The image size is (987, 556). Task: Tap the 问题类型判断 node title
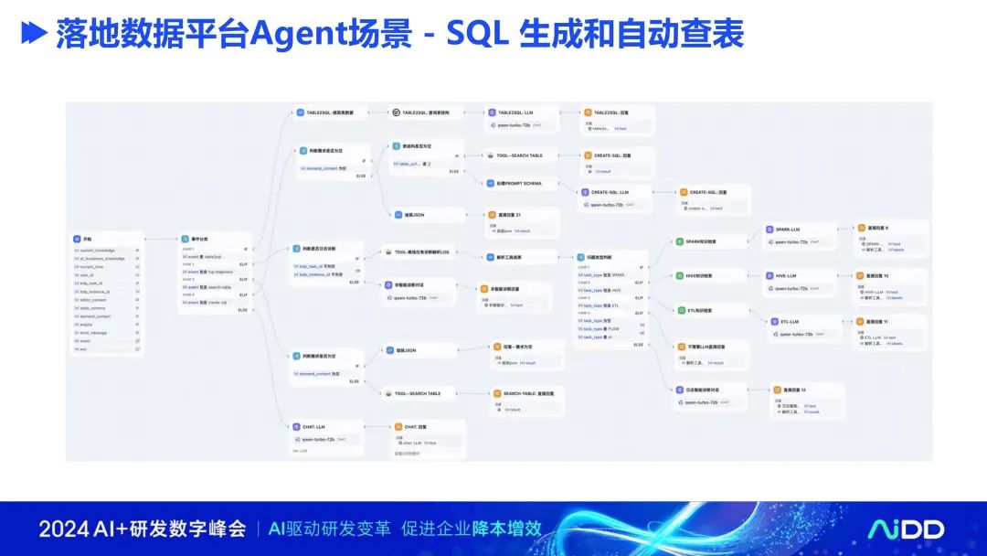point(604,258)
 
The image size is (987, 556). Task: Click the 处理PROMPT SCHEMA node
point(520,183)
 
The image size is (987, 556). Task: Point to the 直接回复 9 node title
point(875,228)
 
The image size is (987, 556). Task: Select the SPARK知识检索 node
point(702,241)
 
